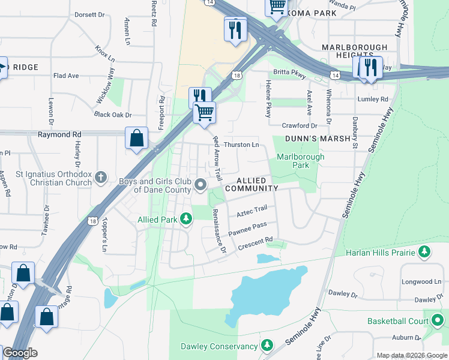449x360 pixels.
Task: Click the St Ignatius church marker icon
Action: pyautogui.click(x=100, y=177)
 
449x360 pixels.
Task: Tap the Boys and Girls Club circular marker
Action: pyautogui.click(x=201, y=184)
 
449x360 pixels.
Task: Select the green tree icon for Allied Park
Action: pyautogui.click(x=187, y=220)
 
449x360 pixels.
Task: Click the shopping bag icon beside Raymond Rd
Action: pyautogui.click(x=137, y=138)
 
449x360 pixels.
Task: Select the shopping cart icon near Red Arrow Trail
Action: pyautogui.click(x=205, y=112)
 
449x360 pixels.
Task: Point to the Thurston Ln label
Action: pyautogui.click(x=241, y=145)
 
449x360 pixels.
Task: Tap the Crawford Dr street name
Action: pyautogui.click(x=300, y=126)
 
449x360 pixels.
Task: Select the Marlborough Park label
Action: pyautogui.click(x=300, y=161)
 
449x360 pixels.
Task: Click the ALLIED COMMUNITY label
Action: pyautogui.click(x=252, y=184)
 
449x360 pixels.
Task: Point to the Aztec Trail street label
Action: pyautogui.click(x=252, y=212)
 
